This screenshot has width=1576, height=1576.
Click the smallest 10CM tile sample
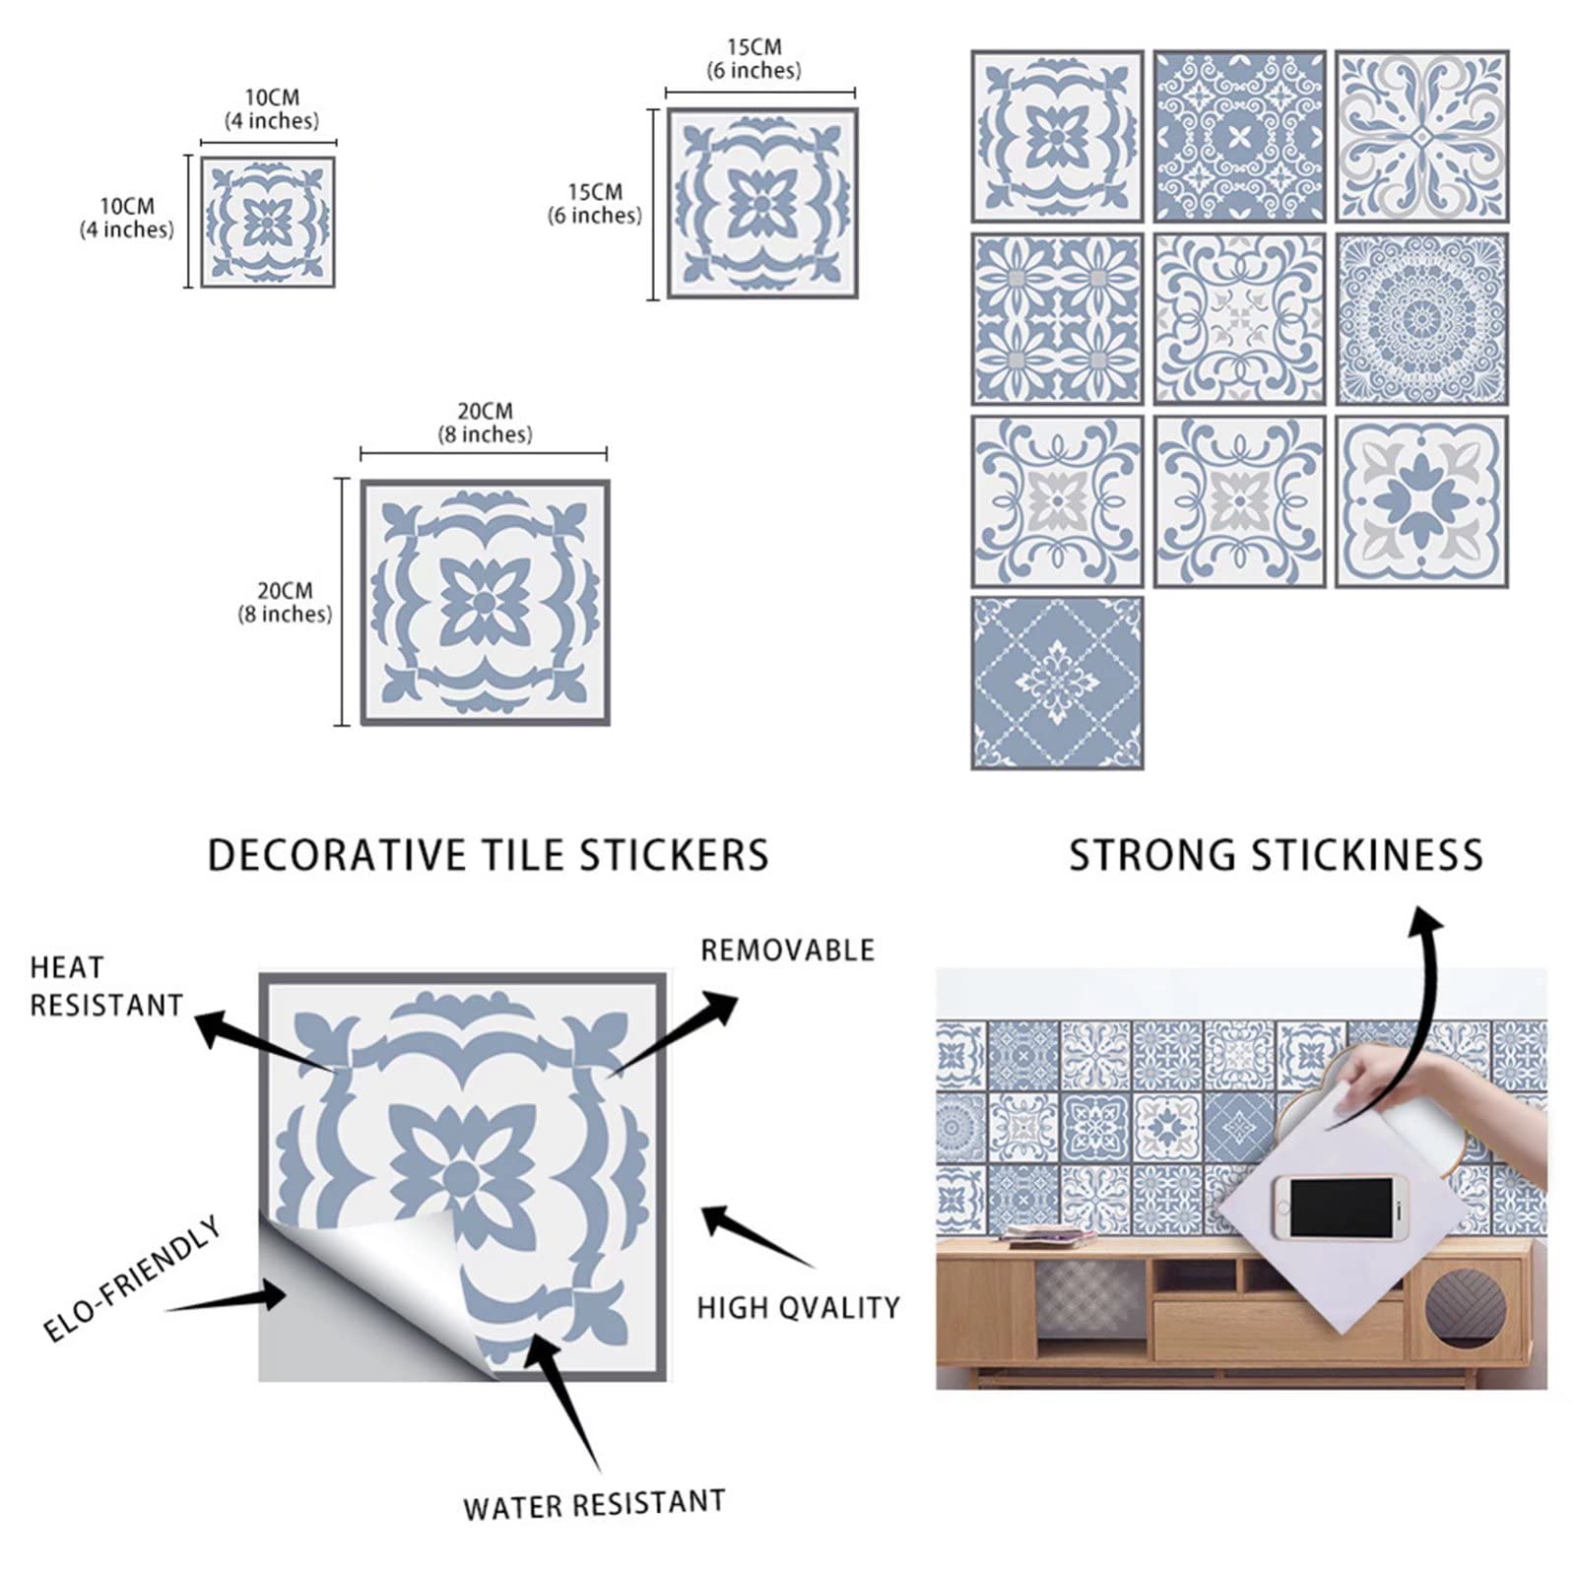(268, 223)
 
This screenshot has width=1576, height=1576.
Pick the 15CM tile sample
(762, 203)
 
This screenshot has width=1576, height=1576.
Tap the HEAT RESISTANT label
(106, 986)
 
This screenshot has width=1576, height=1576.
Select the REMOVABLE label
(787, 951)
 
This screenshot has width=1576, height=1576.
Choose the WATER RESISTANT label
(594, 1505)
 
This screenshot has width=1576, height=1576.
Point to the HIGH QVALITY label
(798, 1308)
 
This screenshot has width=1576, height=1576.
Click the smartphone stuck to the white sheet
(1339, 1209)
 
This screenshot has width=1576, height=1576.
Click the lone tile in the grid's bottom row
(1057, 683)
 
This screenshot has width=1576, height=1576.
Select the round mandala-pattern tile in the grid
(1421, 319)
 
